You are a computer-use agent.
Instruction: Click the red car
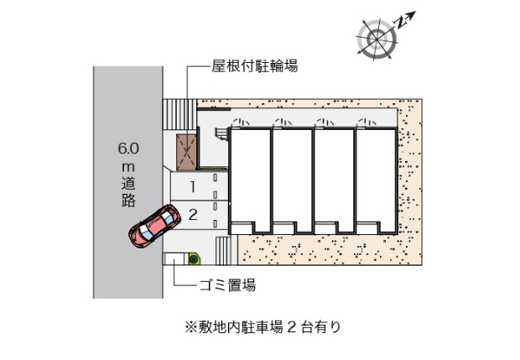155,226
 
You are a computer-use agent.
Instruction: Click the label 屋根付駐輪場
255,66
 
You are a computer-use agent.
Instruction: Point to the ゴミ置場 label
227,284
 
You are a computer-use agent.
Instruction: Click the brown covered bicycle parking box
186,152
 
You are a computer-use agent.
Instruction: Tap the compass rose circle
377,39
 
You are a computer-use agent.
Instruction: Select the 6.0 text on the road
128,148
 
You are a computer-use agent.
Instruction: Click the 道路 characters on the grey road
128,192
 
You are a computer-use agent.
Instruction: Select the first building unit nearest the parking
250,180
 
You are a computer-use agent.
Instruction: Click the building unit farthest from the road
376,180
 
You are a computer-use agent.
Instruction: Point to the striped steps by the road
179,114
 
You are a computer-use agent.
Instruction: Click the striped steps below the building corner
226,250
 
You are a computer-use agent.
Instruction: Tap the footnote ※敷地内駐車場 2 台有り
263,326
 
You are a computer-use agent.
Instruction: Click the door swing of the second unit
283,123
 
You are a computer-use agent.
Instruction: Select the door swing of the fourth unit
367,123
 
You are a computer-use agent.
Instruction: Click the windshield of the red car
167,217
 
